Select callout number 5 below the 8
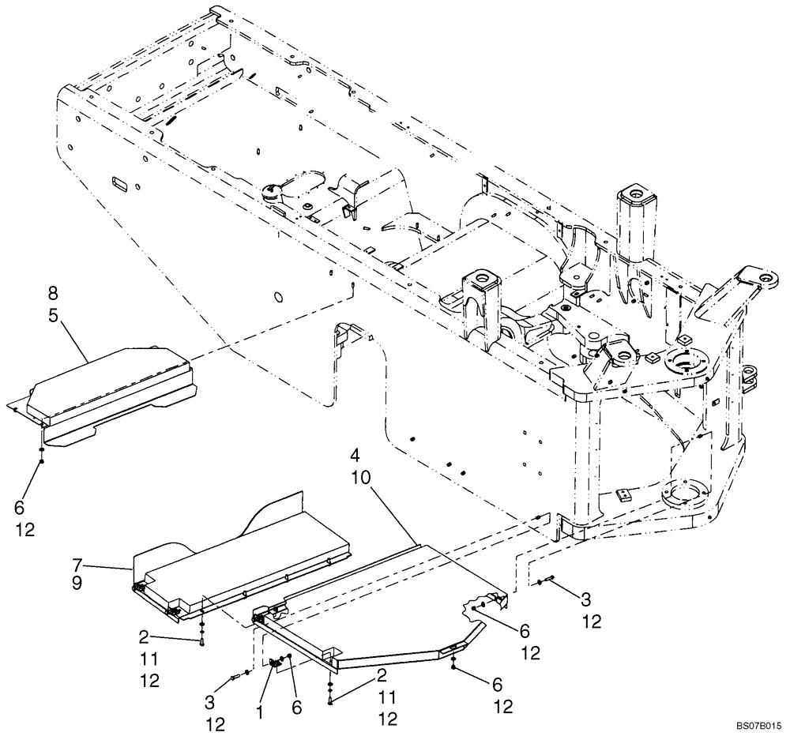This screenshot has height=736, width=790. point(52,314)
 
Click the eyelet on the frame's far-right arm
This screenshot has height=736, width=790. point(763,279)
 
